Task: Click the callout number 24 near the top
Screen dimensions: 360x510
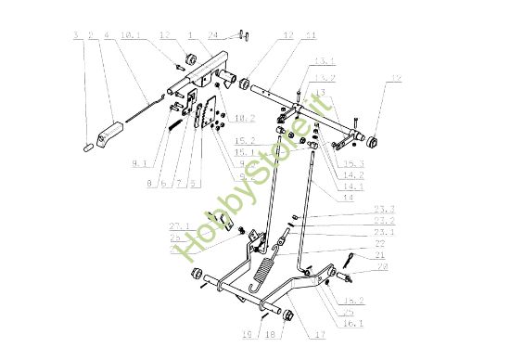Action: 212,36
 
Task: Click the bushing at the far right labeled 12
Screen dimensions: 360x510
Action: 377,141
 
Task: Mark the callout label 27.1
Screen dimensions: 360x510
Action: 178,225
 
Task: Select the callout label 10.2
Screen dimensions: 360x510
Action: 246,118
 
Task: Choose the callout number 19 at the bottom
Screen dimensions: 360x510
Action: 248,336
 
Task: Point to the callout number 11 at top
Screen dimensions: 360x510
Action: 310,36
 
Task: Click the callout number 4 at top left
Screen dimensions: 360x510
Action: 108,36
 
